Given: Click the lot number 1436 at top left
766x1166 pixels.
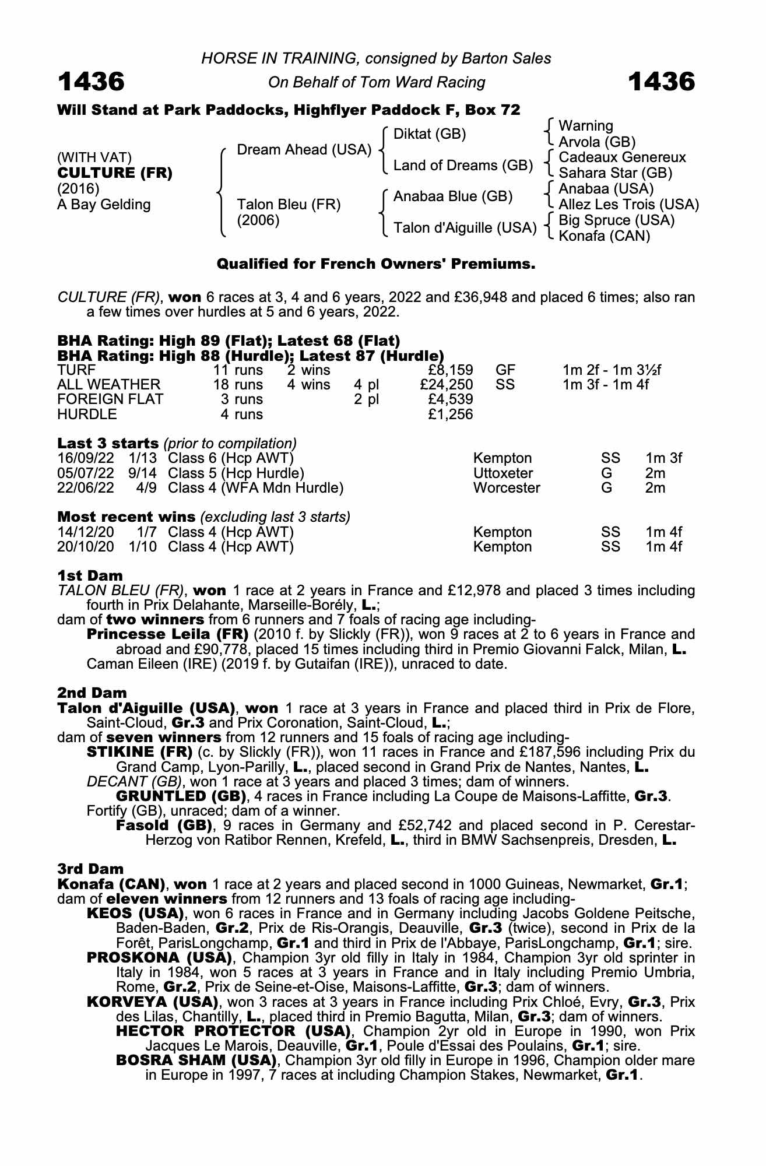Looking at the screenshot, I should [x=91, y=82].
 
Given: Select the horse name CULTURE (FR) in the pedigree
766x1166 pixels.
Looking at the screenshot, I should [x=115, y=173].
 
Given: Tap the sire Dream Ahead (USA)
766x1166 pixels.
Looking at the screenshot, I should [x=304, y=150].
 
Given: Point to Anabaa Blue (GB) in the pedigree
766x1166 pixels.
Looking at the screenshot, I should [x=453, y=196].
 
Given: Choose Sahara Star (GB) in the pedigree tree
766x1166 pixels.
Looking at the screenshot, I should [x=616, y=173].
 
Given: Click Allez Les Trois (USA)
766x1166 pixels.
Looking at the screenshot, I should [x=628, y=205].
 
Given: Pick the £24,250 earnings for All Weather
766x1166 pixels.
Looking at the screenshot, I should [x=446, y=385].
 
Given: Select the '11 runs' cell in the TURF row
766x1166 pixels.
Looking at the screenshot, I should [x=237, y=370].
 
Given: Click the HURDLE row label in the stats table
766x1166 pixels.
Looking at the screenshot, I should [x=87, y=415].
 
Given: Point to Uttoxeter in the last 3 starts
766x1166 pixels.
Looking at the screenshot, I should [x=503, y=473].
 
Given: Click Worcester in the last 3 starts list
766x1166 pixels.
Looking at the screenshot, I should [x=507, y=487].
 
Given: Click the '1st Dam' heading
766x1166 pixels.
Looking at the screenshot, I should [x=90, y=576].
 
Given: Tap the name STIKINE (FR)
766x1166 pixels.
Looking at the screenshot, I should [x=139, y=752].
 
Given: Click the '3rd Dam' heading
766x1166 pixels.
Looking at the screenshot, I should [x=90, y=869].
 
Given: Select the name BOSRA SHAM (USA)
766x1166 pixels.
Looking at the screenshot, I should [x=196, y=1060].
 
